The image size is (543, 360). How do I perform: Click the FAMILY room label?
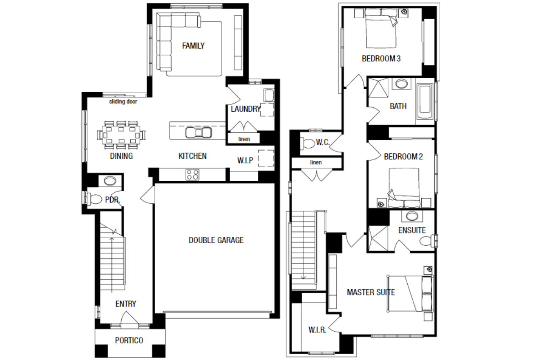click(x=193, y=46)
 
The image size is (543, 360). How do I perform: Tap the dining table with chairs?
click(x=121, y=135)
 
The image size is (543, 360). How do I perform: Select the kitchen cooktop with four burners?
click(x=192, y=174)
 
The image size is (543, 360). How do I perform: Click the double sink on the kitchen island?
click(x=198, y=133)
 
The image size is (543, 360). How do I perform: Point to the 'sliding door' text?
click(x=123, y=101)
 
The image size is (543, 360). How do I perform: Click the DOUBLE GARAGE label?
click(x=216, y=240)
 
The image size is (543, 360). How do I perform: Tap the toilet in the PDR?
click(x=94, y=199)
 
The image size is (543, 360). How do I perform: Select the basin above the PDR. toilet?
click(x=110, y=181)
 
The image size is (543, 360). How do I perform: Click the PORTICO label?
click(x=129, y=340)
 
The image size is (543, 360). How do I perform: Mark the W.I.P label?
click(x=245, y=160)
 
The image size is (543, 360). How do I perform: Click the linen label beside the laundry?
click(x=244, y=139)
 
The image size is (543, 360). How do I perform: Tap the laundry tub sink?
click(x=269, y=95)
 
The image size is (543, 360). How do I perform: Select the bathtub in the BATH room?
click(x=425, y=101)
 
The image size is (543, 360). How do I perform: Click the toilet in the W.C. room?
click(x=308, y=143)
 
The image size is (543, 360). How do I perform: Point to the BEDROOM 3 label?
click(x=381, y=59)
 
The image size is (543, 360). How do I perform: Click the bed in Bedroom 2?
click(x=404, y=188)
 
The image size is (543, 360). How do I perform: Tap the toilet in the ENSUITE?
click(x=428, y=241)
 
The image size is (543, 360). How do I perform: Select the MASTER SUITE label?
click(x=371, y=292)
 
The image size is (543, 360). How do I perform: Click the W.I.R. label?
click(x=317, y=330)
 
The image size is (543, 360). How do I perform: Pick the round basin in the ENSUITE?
click(x=412, y=216)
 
